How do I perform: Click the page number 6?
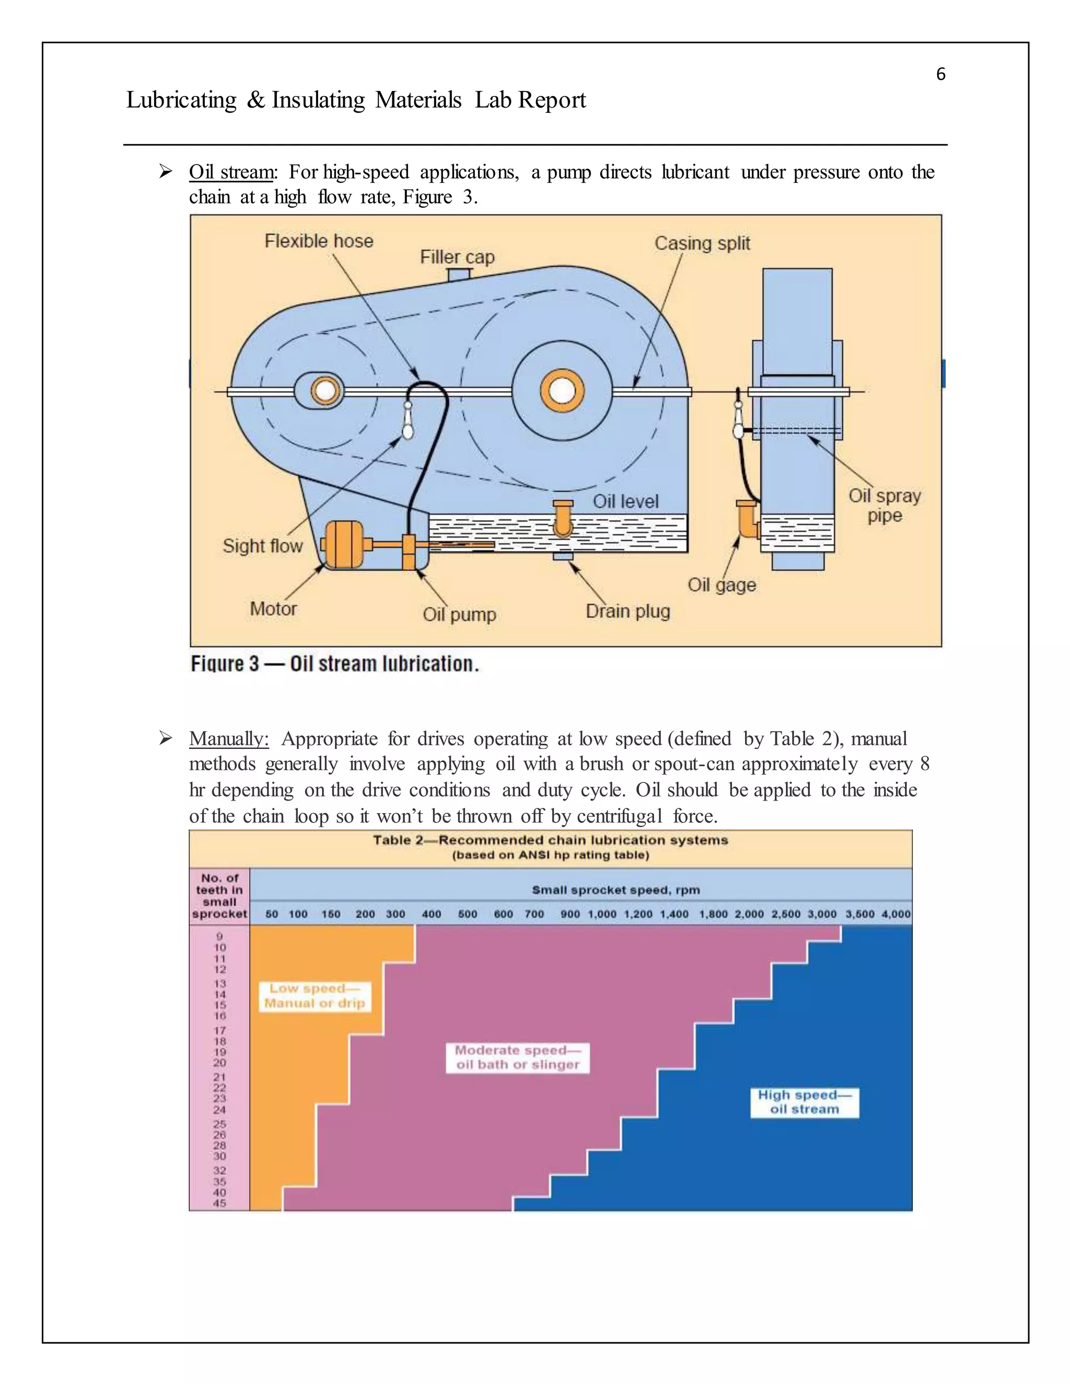tap(940, 75)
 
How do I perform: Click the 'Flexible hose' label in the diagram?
tap(319, 241)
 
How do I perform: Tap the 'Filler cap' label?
tap(457, 257)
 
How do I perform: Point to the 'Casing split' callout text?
tap(702, 243)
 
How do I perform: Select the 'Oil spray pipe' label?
tap(885, 505)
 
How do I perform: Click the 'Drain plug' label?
tap(627, 611)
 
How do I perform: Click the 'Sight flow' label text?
tap(262, 546)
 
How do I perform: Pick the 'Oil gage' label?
tap(722, 584)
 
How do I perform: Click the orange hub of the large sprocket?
tap(562, 390)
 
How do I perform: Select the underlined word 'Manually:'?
tap(229, 739)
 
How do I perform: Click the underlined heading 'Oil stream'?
tap(231, 172)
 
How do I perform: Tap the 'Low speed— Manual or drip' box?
tap(315, 995)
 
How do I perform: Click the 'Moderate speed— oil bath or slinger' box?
tap(517, 1058)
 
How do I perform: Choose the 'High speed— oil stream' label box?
tap(805, 1101)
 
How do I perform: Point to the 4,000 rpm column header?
tap(895, 914)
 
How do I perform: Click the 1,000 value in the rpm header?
tap(601, 914)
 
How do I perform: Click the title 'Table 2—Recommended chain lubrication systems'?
tap(550, 840)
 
